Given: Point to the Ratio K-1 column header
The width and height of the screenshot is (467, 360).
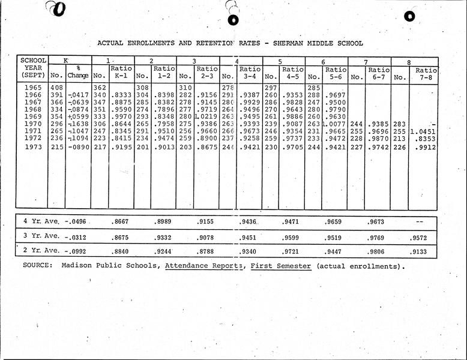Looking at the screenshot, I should pyautogui.click(x=121, y=73).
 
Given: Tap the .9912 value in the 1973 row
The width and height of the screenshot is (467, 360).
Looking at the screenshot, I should pyautogui.click(x=426, y=147).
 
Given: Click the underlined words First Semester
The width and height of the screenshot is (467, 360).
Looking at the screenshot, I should pyautogui.click(x=281, y=265).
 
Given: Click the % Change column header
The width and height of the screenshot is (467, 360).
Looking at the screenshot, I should pyautogui.click(x=78, y=73).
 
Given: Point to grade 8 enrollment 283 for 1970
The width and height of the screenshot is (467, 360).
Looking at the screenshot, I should pyautogui.click(x=399, y=124).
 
